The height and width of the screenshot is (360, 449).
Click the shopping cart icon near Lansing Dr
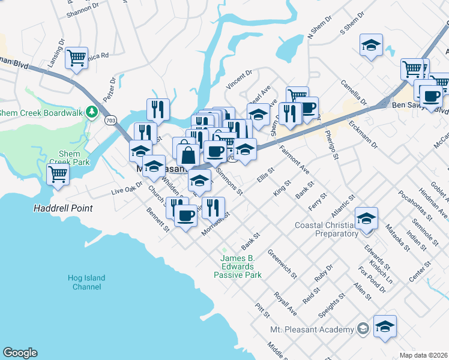pyautogui.click(x=76, y=58)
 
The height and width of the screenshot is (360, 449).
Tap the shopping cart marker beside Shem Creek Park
pyautogui.click(x=58, y=175)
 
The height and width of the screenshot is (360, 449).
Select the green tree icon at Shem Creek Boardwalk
pyautogui.click(x=91, y=112)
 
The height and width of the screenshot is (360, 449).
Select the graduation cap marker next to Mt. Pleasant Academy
pyautogui.click(x=385, y=326)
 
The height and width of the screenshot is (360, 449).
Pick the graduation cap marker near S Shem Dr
pyautogui.click(x=371, y=45)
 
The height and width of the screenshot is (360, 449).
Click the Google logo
pyautogui.click(x=20, y=353)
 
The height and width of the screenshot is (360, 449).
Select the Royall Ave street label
pyautogui.click(x=285, y=304)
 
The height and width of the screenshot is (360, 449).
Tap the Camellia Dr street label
pyautogui.click(x=353, y=92)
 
